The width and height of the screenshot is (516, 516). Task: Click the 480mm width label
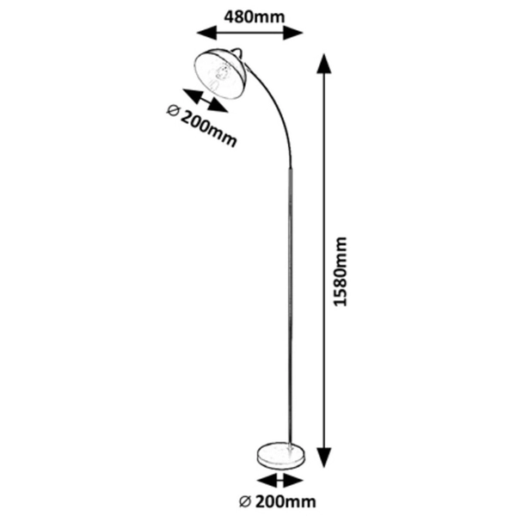[254, 17]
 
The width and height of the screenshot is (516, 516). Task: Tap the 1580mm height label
[340, 272]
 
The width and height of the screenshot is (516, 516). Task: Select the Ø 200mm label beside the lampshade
[201, 126]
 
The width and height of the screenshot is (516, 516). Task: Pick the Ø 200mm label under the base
[277, 501]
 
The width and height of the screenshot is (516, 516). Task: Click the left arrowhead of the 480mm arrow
[206, 33]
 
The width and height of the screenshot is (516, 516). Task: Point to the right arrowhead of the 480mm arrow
[293, 33]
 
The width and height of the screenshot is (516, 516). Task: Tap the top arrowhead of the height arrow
[324, 64]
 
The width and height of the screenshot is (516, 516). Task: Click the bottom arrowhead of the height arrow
[324, 458]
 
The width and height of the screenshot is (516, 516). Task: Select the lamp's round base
[280, 456]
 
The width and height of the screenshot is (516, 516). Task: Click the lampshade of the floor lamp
[219, 74]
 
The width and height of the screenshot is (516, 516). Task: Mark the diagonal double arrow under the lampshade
[206, 101]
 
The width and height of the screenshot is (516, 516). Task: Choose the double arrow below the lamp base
[280, 482]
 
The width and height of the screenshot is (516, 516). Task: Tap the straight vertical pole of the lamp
[291, 306]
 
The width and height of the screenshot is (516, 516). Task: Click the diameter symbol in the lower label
[244, 502]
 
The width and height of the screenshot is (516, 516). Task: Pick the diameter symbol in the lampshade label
[173, 111]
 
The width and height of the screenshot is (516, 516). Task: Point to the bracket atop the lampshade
[238, 52]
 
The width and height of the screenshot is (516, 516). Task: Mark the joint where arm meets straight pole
[291, 169]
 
